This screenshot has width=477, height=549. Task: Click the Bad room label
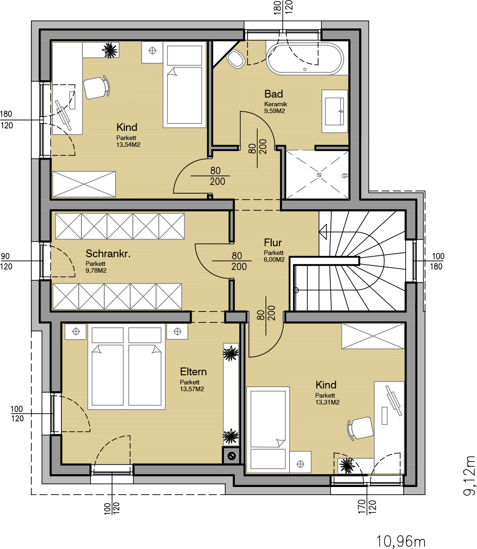274,94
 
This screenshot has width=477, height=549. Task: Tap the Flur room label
273,243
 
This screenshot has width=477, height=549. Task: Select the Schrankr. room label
108,254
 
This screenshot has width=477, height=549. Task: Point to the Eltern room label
193,372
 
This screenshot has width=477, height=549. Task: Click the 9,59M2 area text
274,111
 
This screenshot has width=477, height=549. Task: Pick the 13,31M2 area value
327,402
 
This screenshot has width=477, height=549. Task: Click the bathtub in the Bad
305,58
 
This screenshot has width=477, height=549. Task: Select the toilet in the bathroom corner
235,59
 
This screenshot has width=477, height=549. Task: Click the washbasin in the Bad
335,111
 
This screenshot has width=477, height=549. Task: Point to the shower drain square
319,175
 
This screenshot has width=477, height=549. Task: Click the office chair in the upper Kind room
96,87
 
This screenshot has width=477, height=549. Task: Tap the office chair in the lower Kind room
360,428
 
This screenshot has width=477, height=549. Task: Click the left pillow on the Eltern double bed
107,335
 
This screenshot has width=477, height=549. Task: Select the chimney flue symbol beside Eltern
231,456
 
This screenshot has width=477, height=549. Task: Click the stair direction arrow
323,232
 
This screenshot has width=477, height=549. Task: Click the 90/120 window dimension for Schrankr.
6,261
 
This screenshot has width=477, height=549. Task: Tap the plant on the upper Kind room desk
110,50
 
